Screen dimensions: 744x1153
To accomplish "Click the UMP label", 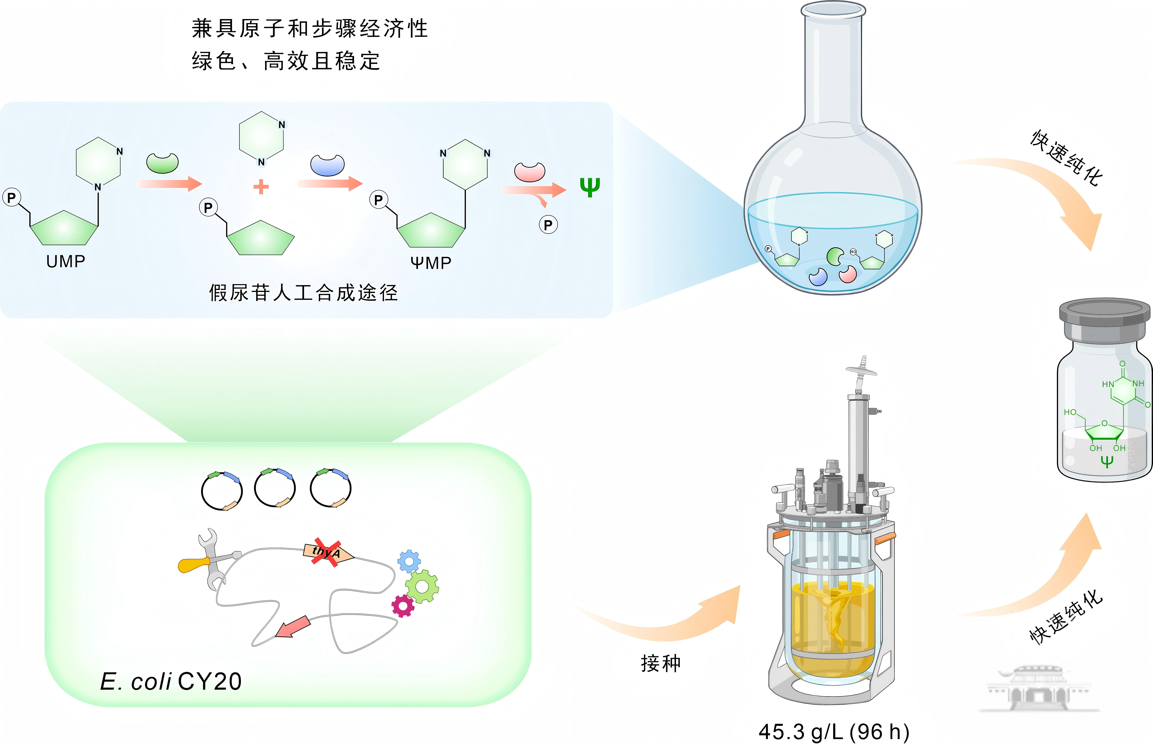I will [66, 261].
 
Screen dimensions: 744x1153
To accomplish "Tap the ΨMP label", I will [431, 263].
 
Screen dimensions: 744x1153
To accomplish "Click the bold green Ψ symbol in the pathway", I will [590, 187].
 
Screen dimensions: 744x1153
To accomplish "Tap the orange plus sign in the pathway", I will [261, 186].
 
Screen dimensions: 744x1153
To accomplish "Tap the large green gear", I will [422, 586].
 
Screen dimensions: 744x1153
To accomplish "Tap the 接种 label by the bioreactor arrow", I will [660, 663].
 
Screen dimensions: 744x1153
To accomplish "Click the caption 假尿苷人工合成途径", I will [303, 293].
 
